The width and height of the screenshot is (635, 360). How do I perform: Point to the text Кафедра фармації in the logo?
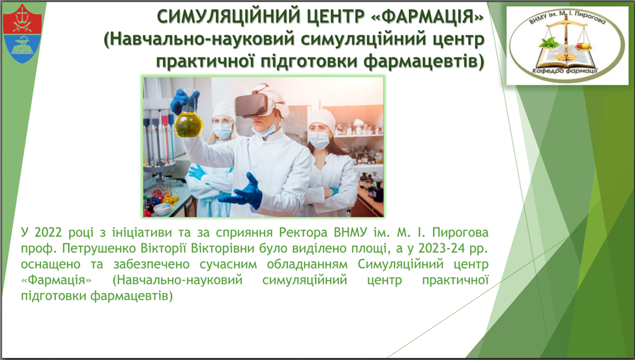[x=566, y=72]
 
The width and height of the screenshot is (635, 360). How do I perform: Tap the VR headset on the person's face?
[x=259, y=102]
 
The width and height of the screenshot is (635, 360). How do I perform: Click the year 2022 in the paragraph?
[x=48, y=232]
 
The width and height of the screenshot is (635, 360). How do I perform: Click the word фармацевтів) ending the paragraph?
[x=132, y=296]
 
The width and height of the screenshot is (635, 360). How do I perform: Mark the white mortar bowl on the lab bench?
[x=162, y=209]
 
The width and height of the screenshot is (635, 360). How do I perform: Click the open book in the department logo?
[x=567, y=57]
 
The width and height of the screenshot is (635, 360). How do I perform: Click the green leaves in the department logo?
[x=549, y=42]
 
